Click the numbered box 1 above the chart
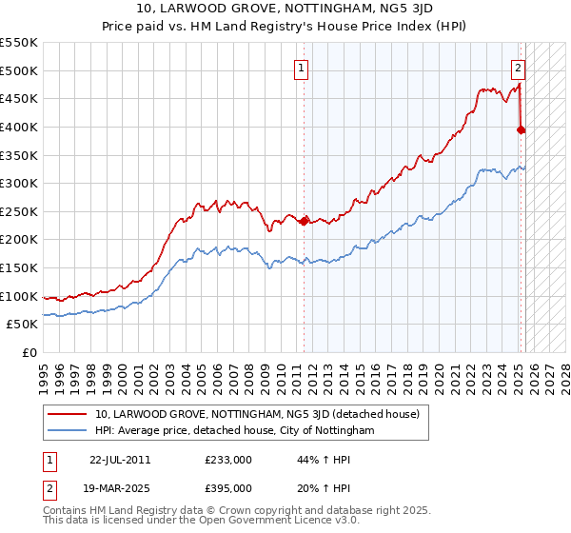click(301, 68)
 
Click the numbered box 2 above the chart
click(519, 68)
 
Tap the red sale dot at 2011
click(304, 221)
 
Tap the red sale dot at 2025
click(522, 130)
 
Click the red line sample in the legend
click(69, 414)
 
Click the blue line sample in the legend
click(69, 431)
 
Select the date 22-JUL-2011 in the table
click(119, 459)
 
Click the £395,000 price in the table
click(227, 486)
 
